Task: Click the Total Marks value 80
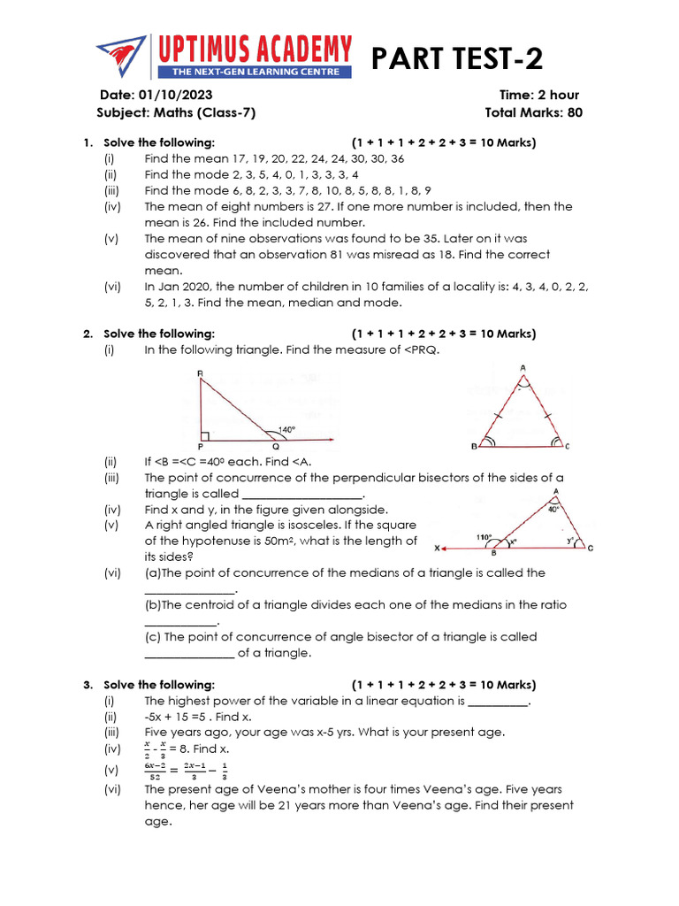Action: [x=575, y=112]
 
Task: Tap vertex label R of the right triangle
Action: [x=200, y=374]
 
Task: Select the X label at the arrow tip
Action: [x=439, y=548]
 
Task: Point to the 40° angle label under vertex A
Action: [x=553, y=509]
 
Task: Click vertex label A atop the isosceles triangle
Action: [x=523, y=367]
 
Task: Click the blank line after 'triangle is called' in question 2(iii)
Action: [x=301, y=494]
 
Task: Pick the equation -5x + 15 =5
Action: [x=187, y=717]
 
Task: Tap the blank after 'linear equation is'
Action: [x=498, y=701]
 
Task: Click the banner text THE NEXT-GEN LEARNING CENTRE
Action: [x=255, y=72]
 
